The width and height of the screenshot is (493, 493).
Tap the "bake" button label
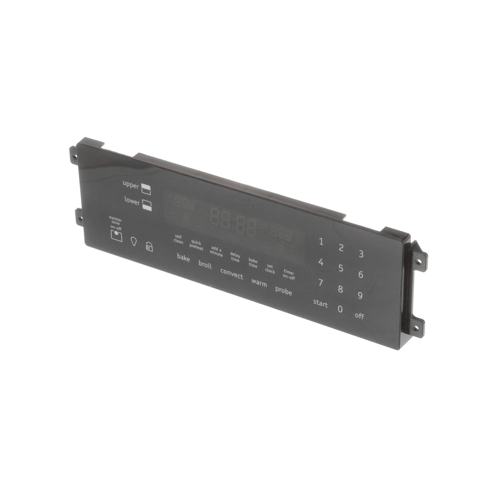click(x=183, y=258)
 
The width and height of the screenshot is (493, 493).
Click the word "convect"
click(x=232, y=274)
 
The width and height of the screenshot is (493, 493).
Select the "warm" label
click(x=259, y=283)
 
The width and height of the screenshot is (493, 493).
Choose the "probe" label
click(x=283, y=291)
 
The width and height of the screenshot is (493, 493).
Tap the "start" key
click(x=320, y=303)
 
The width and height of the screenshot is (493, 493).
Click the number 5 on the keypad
click(x=340, y=268)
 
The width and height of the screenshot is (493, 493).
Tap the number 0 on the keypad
click(x=340, y=309)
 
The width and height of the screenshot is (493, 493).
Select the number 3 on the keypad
click(x=361, y=254)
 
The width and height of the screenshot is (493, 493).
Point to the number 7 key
click(x=320, y=282)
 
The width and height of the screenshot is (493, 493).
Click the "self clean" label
click(x=178, y=239)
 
